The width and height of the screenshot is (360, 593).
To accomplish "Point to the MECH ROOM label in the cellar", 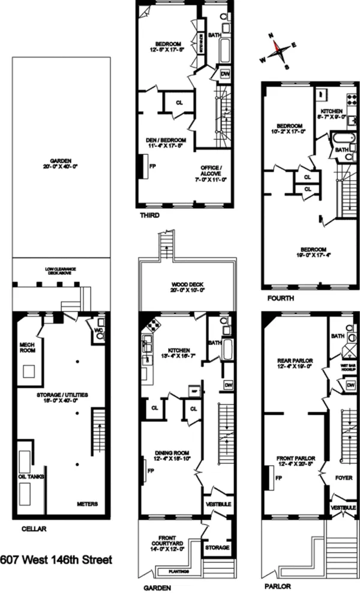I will [27, 346].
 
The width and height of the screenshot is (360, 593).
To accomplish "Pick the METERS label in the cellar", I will [88, 504].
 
